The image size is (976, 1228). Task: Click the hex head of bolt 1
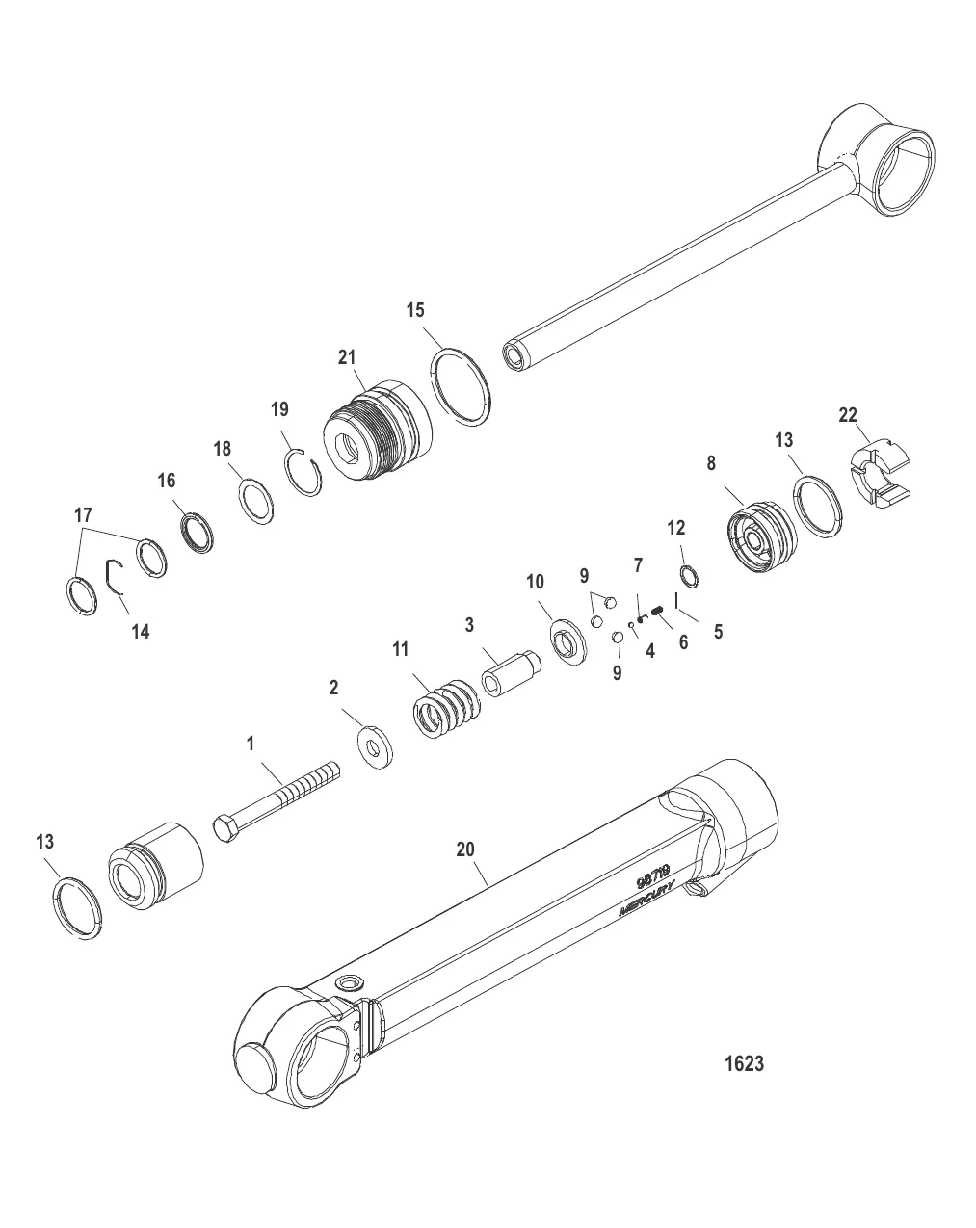tap(224, 828)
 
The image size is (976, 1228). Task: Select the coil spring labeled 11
tap(446, 707)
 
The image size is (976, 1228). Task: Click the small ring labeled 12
tap(689, 576)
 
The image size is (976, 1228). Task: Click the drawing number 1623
tap(744, 1063)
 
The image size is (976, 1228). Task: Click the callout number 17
tap(84, 516)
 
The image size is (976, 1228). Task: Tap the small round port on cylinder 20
tap(347, 983)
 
